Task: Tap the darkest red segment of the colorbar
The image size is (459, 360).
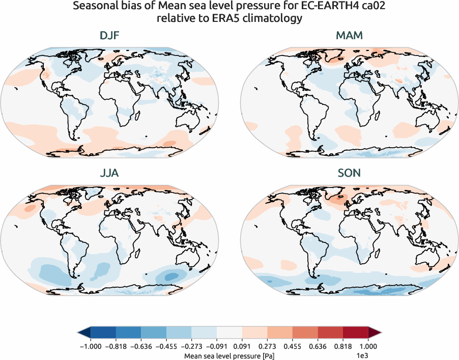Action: [356, 333]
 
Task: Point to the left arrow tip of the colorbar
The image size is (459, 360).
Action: [79, 333]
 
